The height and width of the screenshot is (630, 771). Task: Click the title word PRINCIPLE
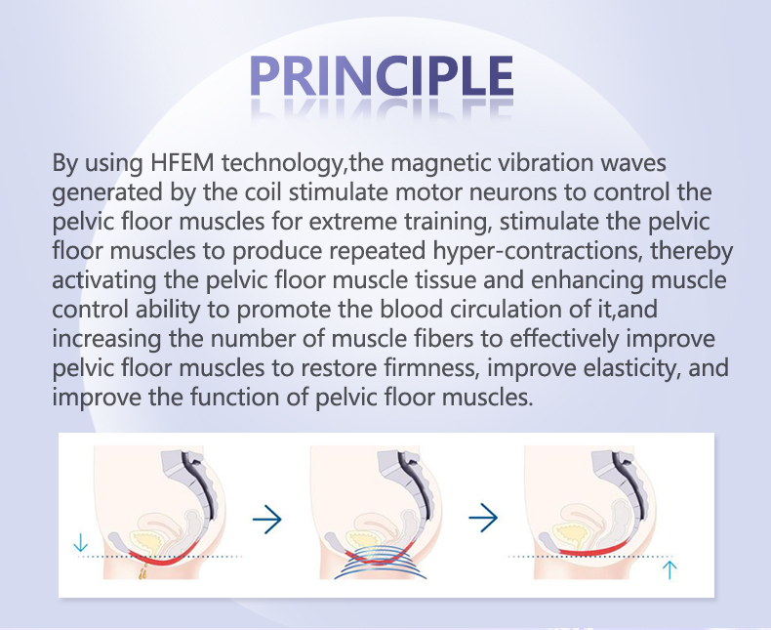click(381, 77)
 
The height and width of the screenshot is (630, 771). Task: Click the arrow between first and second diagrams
click(266, 519)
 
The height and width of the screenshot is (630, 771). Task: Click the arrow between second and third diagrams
click(482, 519)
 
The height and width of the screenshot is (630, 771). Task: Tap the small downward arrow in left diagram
click(80, 543)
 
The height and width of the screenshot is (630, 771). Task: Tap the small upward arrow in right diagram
click(670, 568)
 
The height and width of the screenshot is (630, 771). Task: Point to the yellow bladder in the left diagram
click(146, 538)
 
